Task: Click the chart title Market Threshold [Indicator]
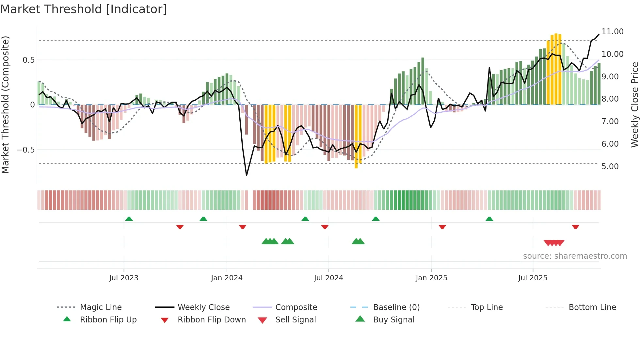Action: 84,9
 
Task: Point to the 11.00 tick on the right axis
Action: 612,32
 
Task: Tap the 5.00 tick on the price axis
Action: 610,167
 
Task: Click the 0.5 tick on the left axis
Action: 28,60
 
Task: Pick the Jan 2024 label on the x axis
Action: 227,278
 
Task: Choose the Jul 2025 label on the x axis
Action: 533,278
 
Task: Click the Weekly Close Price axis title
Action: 634,105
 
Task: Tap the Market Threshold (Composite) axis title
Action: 5,105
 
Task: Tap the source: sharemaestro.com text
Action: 575,256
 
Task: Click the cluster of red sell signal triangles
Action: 554,243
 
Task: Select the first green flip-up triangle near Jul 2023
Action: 129,219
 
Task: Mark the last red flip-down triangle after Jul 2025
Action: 575,227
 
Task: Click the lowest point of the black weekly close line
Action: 247,175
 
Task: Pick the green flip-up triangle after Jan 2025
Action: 489,219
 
